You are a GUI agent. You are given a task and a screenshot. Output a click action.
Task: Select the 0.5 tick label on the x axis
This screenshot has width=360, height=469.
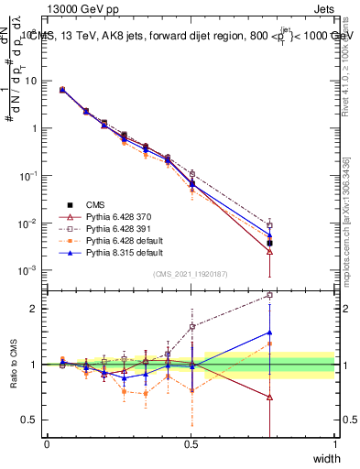[191, 444]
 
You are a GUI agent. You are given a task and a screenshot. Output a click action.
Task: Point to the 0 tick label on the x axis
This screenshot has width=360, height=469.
[47, 444]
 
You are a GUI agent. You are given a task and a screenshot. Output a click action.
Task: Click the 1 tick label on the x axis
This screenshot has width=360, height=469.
[335, 444]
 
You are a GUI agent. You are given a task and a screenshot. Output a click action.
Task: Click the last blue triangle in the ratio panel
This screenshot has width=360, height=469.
[269, 333]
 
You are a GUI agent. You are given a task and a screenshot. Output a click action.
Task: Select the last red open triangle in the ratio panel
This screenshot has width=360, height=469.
[269, 398]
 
